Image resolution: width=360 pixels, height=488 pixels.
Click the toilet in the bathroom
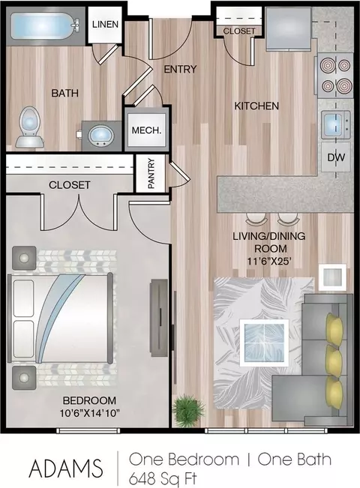coord(29,127)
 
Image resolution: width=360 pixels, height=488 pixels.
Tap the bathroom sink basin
coord(101,136)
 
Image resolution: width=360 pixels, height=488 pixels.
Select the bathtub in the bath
coord(45,26)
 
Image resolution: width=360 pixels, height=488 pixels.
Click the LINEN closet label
coord(105,24)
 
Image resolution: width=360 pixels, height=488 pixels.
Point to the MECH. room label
coord(147,130)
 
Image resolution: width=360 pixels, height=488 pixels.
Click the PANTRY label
coord(151,173)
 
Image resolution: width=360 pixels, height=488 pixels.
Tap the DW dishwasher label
coord(336,157)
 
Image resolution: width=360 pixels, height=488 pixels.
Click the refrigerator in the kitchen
coord(288,28)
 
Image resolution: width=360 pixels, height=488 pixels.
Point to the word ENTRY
coord(180,69)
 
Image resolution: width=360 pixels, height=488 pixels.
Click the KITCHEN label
coord(256,106)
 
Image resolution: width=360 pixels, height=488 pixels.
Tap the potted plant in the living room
coord(188,407)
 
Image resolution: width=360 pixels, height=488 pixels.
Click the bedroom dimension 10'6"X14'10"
coord(90,413)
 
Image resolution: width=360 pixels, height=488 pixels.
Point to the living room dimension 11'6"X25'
coord(270,261)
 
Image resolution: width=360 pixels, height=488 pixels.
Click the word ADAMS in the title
coord(66,468)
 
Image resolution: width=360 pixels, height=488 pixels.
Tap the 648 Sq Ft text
coord(163,478)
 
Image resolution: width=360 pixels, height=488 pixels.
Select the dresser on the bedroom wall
coord(159,317)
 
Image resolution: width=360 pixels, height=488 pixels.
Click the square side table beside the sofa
coord(332,277)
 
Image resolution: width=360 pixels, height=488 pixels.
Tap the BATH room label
coord(64,93)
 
